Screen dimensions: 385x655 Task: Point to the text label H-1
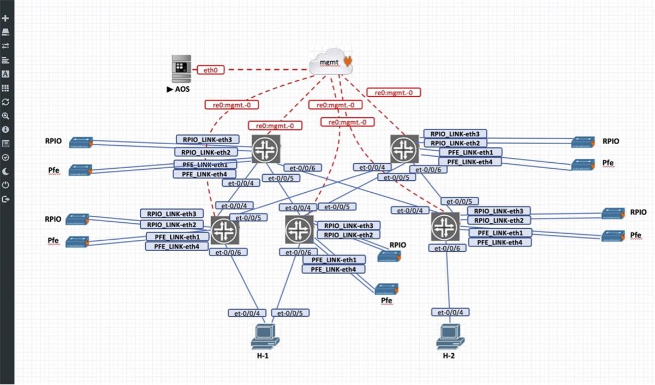click(263, 356)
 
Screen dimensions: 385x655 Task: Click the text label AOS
click(181, 89)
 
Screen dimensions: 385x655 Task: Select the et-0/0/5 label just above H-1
click(290, 313)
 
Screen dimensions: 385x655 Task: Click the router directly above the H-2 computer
click(445, 226)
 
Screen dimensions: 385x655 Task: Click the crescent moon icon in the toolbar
click(6, 171)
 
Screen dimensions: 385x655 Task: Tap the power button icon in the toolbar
click(6, 185)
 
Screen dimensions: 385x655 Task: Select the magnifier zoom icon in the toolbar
click(6, 116)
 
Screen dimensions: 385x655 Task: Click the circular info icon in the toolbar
click(6, 129)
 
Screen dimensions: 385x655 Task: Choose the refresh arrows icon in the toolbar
click(6, 102)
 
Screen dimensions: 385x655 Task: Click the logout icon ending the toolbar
click(6, 199)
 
